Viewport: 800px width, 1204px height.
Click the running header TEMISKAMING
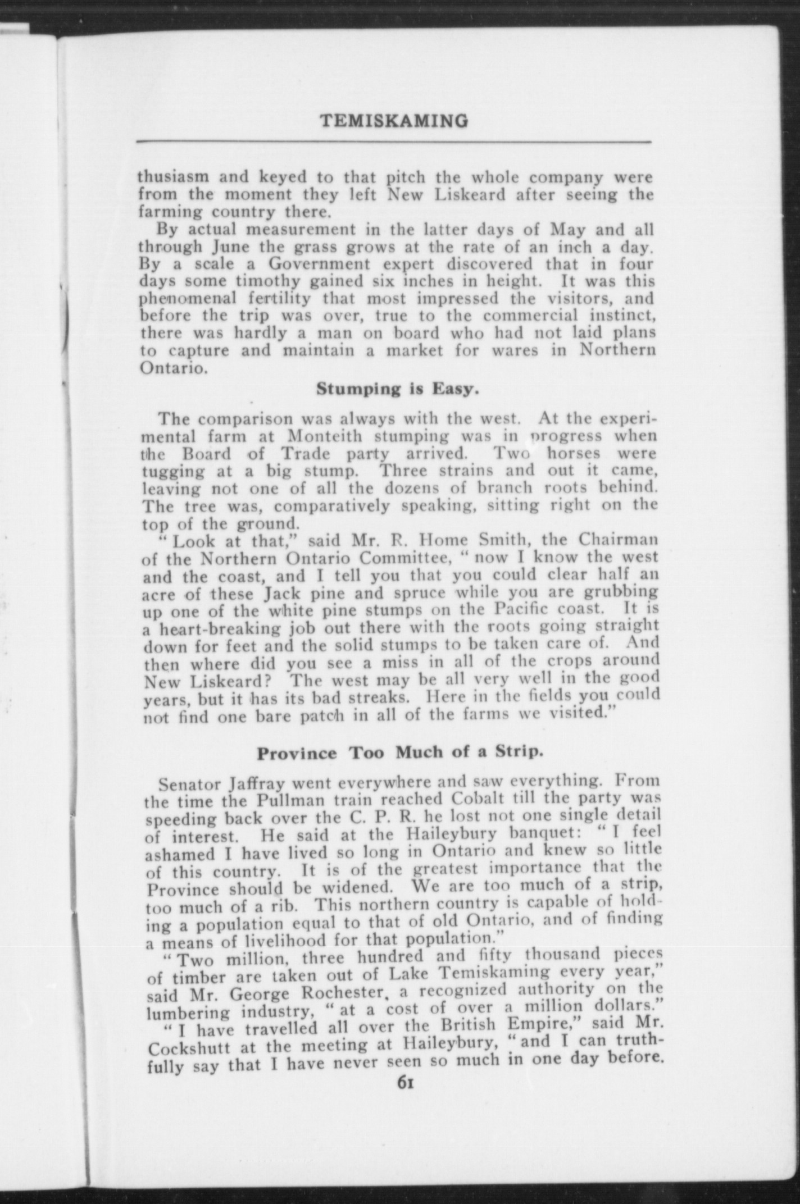pos(394,121)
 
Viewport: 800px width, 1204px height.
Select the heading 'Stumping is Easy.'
pos(397,389)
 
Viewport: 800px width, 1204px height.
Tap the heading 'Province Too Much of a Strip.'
pos(399,752)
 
